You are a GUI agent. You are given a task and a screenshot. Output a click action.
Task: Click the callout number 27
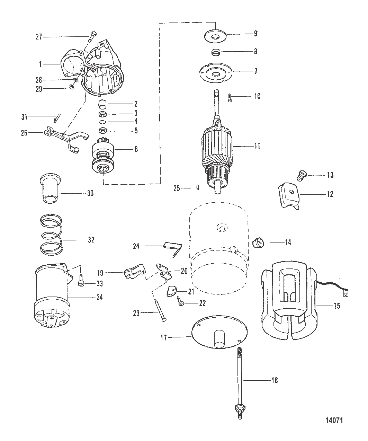point(38,37)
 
